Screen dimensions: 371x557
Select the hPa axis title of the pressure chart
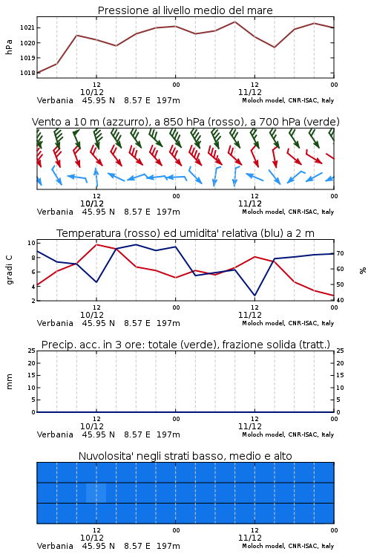(9, 47)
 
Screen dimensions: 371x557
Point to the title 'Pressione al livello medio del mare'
(185, 10)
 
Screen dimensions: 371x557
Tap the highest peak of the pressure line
(234, 22)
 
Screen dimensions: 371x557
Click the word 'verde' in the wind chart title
(322, 122)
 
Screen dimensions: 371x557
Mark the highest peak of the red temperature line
(96, 244)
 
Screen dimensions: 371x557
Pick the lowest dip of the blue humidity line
(255, 296)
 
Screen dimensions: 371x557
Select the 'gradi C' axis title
(10, 270)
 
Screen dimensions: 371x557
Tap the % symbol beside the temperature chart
(363, 270)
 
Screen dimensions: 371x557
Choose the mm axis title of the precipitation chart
(9, 381)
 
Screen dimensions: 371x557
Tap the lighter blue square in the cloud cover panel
(96, 492)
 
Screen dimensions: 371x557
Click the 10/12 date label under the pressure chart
(92, 92)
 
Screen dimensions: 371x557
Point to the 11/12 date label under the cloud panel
(250, 538)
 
